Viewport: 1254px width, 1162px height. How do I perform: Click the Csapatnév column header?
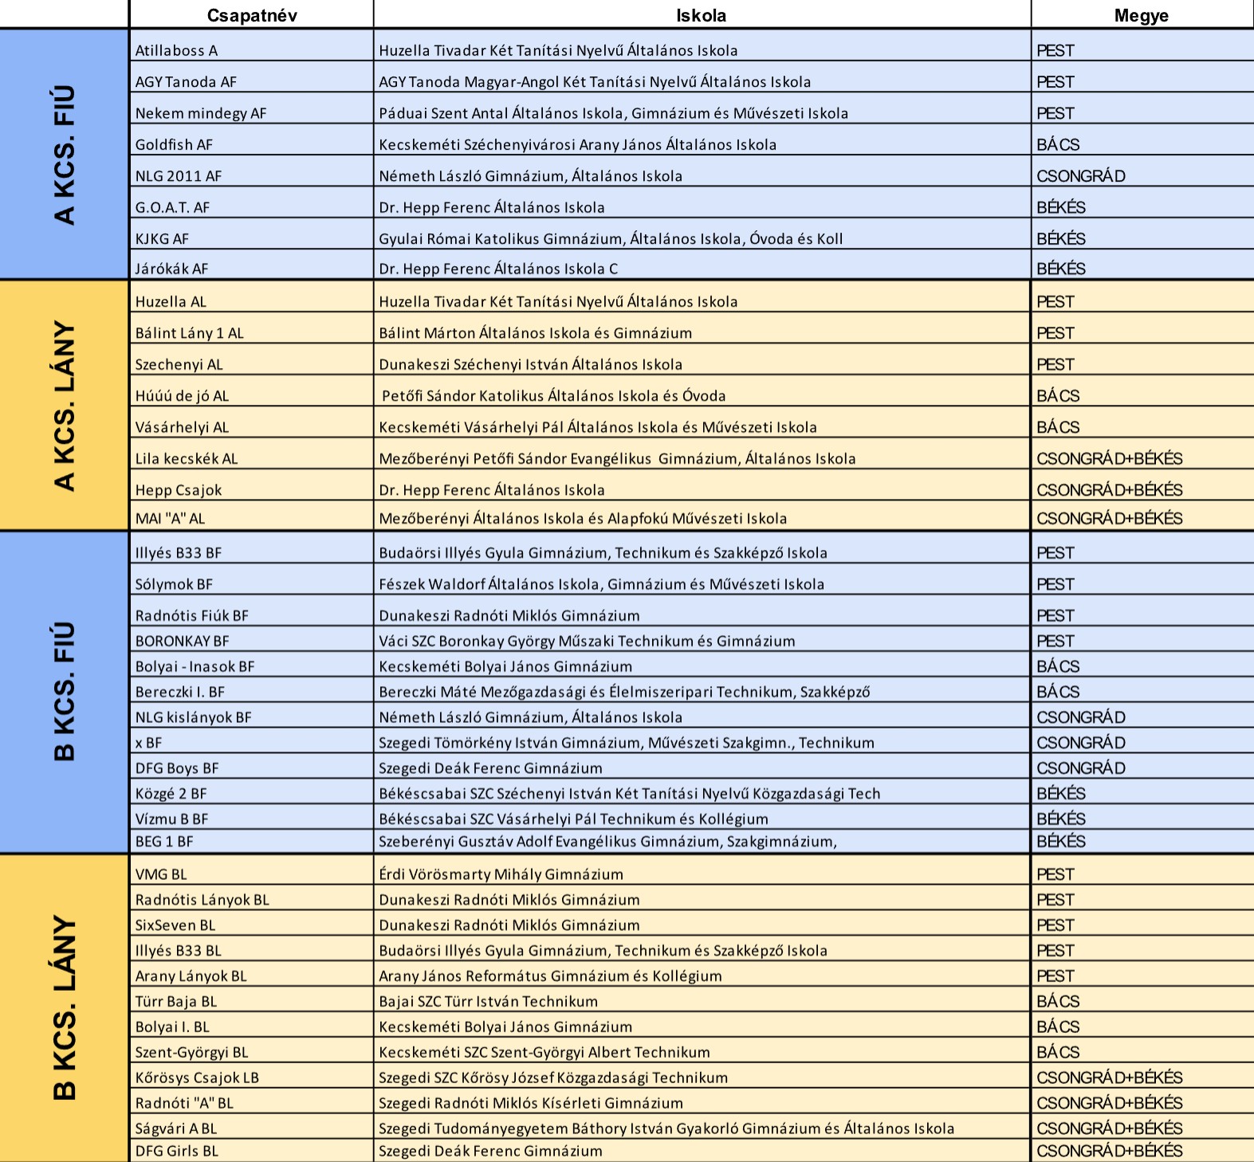(251, 15)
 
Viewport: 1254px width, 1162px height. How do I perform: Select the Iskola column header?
(701, 15)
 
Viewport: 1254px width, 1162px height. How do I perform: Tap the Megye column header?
(1141, 15)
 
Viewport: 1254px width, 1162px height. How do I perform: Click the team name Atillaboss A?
(176, 50)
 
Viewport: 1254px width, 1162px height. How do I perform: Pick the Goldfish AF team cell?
(174, 144)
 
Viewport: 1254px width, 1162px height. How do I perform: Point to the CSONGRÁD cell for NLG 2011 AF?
(1080, 175)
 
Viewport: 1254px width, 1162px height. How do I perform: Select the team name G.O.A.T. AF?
(172, 207)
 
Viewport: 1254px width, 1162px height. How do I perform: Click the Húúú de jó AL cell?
(182, 395)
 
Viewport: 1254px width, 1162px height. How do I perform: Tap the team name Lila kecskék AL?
(187, 458)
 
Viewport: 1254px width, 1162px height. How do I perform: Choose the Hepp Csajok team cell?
(179, 490)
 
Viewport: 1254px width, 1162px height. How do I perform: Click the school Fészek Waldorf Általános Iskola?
(601, 584)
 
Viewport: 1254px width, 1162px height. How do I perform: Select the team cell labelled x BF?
(148, 743)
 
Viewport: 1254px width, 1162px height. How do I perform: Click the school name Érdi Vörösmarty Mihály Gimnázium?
(501, 874)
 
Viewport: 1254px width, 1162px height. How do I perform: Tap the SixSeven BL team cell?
(175, 925)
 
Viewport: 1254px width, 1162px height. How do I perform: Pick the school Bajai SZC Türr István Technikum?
(488, 1002)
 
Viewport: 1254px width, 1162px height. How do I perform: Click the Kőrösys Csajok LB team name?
(197, 1078)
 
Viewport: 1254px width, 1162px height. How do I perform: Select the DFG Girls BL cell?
(176, 1151)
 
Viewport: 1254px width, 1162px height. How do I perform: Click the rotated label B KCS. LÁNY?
(64, 1007)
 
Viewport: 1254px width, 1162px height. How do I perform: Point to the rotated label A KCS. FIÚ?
(64, 155)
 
